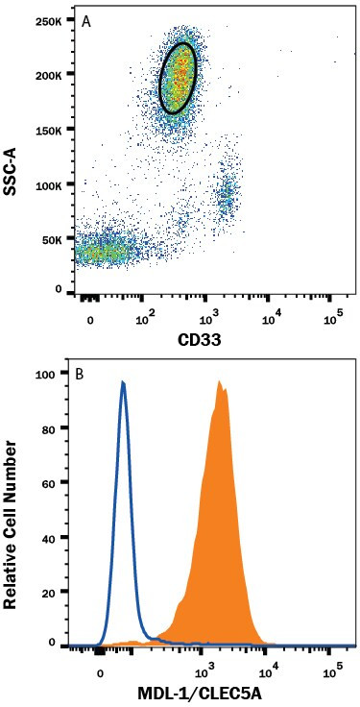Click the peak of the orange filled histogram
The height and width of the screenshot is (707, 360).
[x=220, y=382]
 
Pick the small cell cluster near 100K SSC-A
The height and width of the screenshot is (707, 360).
[x=227, y=194]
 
